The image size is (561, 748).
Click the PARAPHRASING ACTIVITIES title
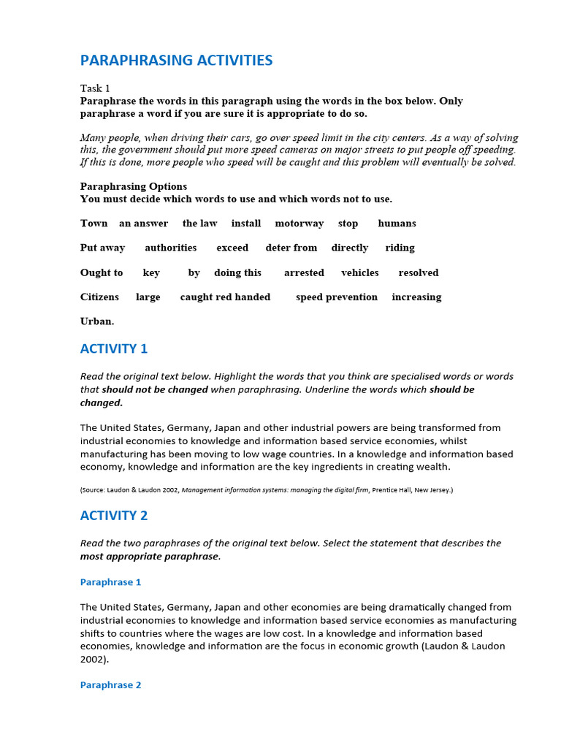click(176, 61)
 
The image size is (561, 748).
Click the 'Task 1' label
click(95, 88)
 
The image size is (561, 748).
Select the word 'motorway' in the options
click(299, 224)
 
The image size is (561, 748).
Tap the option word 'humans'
click(397, 224)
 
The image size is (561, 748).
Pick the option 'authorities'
click(170, 248)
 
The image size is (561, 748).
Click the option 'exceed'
click(232, 248)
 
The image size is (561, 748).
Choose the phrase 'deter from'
click(291, 248)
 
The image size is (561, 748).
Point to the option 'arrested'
click(304, 272)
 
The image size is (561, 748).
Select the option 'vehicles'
click(359, 272)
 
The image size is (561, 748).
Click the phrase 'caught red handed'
click(225, 297)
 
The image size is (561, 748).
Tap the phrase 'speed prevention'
click(337, 297)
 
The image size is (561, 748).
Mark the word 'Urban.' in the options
click(97, 321)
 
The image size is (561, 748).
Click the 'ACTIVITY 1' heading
click(114, 349)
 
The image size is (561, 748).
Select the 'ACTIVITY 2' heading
click(114, 516)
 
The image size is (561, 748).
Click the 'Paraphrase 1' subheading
click(110, 582)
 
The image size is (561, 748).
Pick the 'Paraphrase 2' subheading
click(110, 685)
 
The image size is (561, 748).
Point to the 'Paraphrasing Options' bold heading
click(134, 186)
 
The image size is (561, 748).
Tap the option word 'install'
click(246, 224)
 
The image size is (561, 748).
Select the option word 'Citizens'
click(99, 297)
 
